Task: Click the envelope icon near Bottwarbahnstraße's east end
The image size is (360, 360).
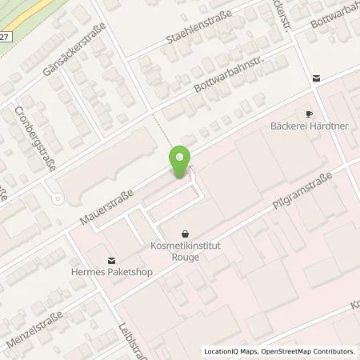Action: tap(317, 78)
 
